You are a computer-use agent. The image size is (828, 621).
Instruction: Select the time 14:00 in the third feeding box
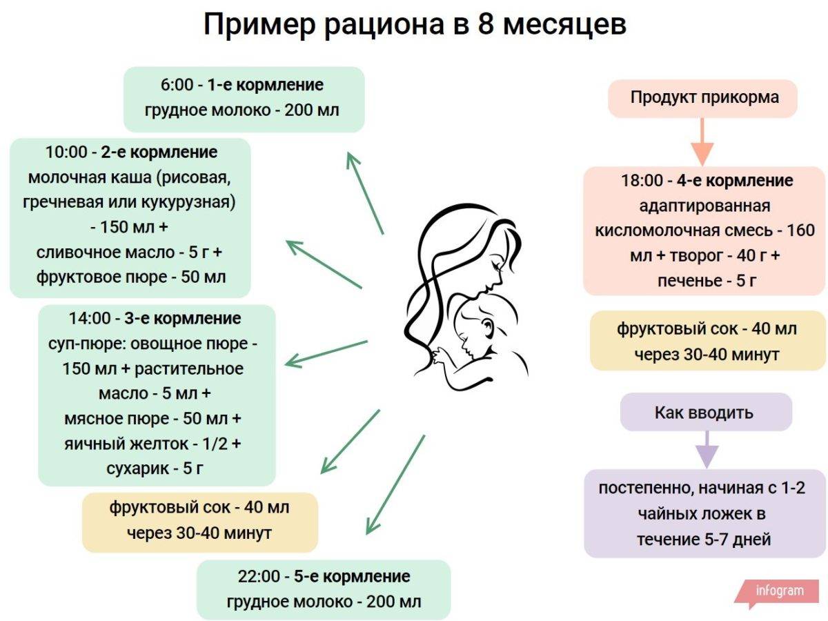pyautogui.click(x=90, y=319)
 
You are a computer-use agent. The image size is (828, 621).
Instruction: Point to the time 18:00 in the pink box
pyautogui.click(x=641, y=181)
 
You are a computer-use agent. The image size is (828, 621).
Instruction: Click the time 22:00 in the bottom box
pyautogui.click(x=257, y=576)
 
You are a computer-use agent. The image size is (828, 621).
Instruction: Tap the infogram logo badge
pyautogui.click(x=778, y=591)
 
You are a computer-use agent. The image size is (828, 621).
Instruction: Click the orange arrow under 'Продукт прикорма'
pyautogui.click(x=702, y=141)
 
